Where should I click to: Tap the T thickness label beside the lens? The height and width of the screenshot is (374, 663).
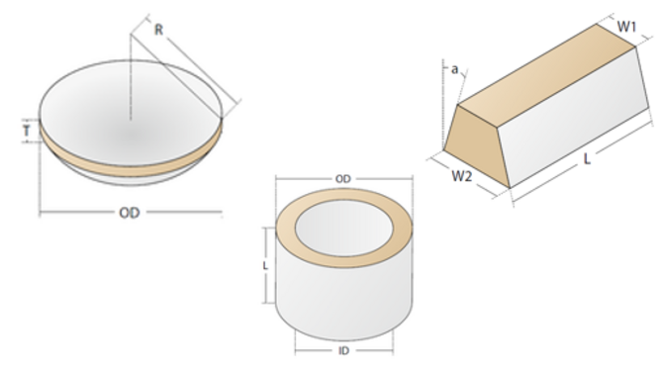click(26, 130)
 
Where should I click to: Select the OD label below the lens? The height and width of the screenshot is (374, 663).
click(129, 213)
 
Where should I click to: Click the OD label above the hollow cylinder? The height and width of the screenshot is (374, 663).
click(343, 178)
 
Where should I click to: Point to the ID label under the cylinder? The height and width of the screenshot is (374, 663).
click(343, 350)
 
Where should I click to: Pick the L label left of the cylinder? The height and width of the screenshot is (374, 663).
click(264, 266)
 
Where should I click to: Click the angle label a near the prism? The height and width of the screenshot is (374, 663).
click(454, 69)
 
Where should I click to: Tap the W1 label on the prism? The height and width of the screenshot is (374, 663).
click(626, 27)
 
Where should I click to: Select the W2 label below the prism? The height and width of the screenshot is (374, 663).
click(462, 177)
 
